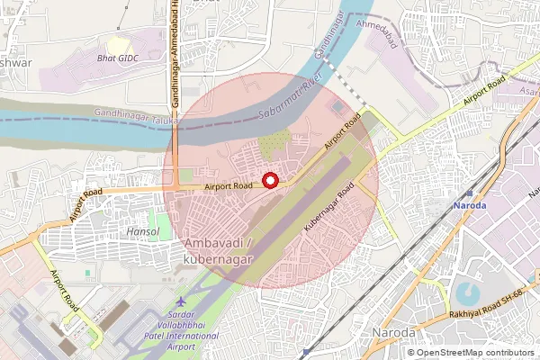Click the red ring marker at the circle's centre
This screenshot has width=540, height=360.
pos(270,180)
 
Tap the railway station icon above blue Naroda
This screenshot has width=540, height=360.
pos(468,193)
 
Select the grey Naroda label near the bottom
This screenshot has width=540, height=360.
pos(393,333)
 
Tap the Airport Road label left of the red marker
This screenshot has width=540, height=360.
pos(228,186)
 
